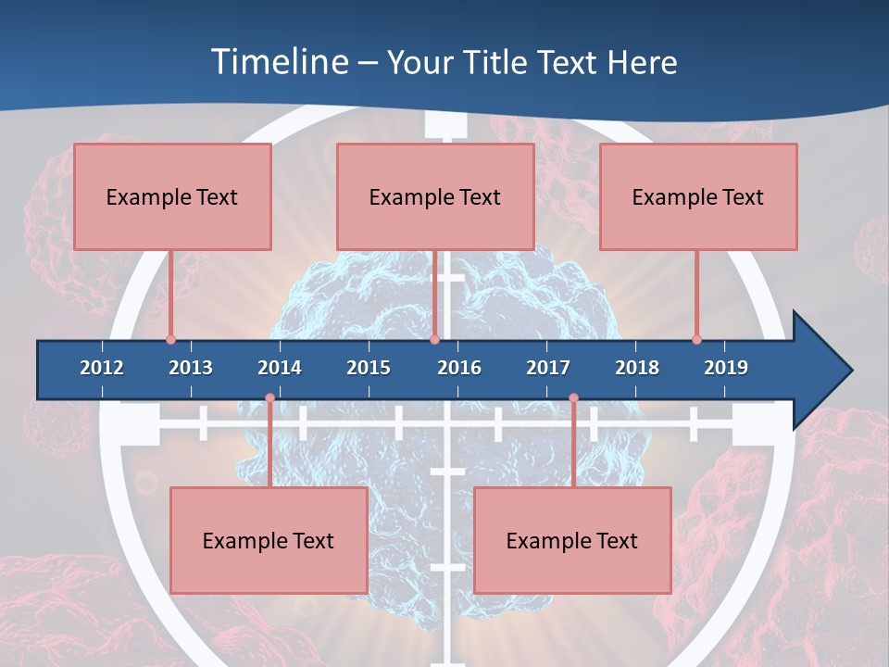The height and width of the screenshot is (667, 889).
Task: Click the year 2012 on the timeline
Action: coord(102,368)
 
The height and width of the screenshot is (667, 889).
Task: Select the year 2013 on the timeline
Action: coord(191,368)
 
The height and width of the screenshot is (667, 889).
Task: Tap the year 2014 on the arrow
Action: coord(280,368)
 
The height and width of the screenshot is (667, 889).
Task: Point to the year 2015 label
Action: coord(369,368)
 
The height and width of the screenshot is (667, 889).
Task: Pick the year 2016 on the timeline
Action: coord(459,368)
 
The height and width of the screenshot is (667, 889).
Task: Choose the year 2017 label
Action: coord(548,368)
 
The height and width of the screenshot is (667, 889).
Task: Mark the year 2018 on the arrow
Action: coord(637,368)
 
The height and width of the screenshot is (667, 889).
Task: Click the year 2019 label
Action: coord(726,368)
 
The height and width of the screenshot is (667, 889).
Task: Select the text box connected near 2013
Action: coord(172,196)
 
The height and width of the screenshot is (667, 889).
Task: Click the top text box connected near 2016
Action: coord(435,196)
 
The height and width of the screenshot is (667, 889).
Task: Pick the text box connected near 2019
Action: coord(698,196)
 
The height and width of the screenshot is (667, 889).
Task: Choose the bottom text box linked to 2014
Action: coord(269,540)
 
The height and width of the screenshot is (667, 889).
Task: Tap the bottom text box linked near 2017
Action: coord(572,540)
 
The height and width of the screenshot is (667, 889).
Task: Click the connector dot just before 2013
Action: coord(171,340)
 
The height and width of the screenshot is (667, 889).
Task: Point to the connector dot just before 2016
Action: coord(434,340)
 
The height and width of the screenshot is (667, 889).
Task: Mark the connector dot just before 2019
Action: coord(697,340)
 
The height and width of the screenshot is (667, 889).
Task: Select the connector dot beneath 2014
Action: coord(269,398)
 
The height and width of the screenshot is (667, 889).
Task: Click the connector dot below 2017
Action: coord(573,398)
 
